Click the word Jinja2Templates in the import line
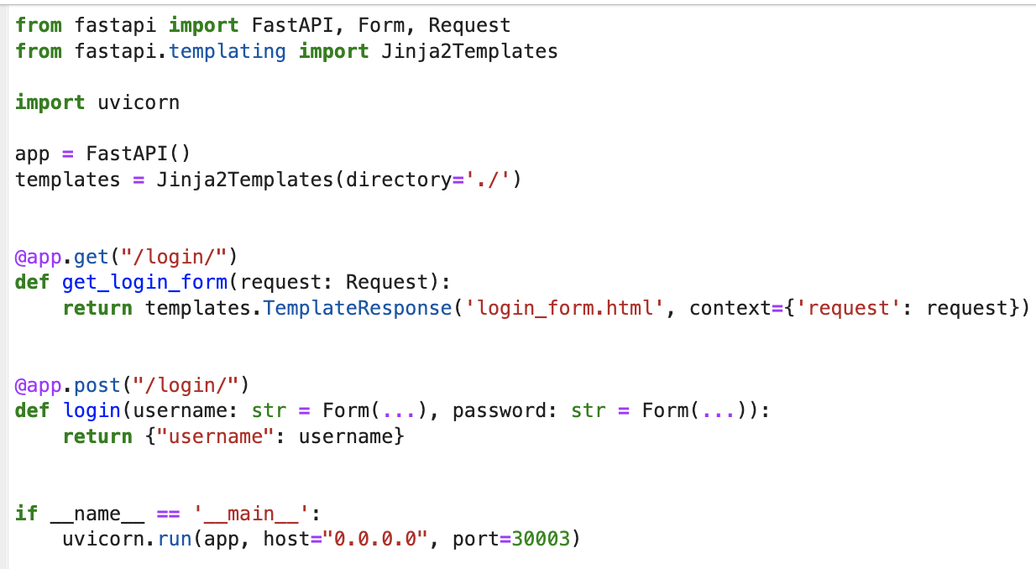click(x=469, y=51)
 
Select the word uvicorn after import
click(x=139, y=102)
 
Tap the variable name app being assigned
click(x=33, y=154)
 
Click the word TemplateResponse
click(x=358, y=308)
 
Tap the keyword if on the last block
click(x=26, y=513)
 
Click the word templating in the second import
click(x=228, y=51)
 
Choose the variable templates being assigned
click(x=67, y=180)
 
